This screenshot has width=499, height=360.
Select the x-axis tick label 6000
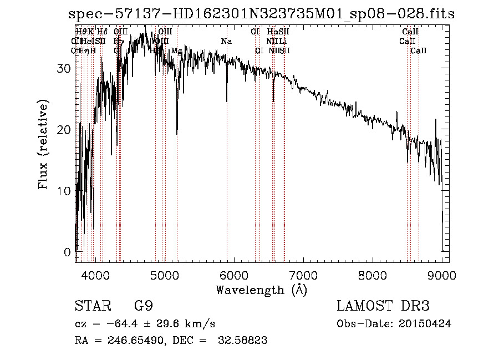click(234, 275)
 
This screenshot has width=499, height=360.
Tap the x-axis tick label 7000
click(303, 275)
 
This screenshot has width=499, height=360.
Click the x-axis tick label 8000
click(373, 275)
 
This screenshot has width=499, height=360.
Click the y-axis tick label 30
click(64, 68)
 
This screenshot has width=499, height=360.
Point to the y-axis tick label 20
click(64, 129)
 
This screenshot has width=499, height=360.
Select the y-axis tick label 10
click(64, 191)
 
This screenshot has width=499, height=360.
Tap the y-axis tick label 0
click(67, 252)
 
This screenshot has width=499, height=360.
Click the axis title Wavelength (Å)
click(261, 290)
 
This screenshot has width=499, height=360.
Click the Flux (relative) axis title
click(44, 145)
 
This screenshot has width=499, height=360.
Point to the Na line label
click(226, 42)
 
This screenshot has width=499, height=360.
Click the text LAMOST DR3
click(383, 306)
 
